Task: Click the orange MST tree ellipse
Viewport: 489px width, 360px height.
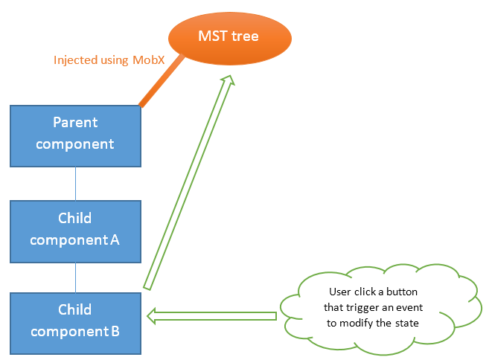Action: click(x=228, y=36)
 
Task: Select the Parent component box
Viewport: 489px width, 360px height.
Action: click(x=75, y=135)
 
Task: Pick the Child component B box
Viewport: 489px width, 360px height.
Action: click(x=75, y=323)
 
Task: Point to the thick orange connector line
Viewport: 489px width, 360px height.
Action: click(x=159, y=84)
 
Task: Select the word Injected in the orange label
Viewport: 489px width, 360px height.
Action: click(x=75, y=60)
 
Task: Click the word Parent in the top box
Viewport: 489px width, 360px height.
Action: click(x=75, y=122)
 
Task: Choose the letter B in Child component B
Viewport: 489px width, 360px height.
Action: click(x=115, y=332)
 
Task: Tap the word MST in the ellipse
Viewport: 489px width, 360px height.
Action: click(x=211, y=36)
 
